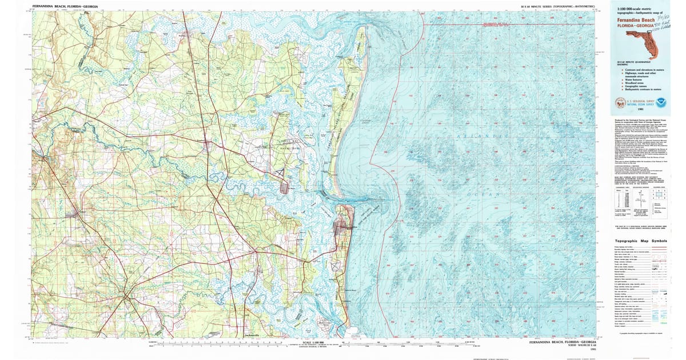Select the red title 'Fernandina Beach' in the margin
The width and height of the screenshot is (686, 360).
pos(634,19)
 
